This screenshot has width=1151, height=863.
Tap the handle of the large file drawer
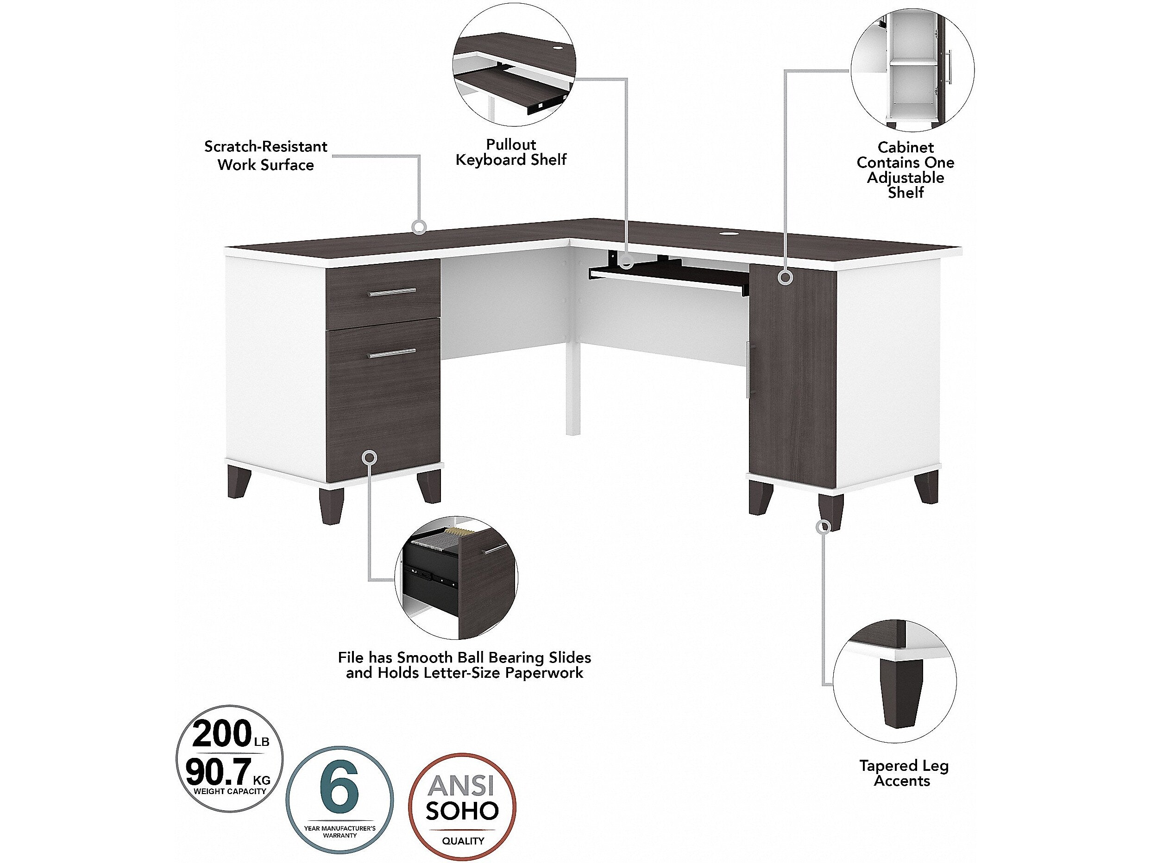pyautogui.click(x=393, y=353)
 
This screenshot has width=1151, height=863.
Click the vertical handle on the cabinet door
pyautogui.click(x=748, y=368)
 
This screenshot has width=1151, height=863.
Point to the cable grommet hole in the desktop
pyautogui.click(x=728, y=235)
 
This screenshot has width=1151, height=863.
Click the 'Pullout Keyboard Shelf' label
pyautogui.click(x=511, y=152)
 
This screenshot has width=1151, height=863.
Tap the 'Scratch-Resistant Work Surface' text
pyautogui.click(x=266, y=156)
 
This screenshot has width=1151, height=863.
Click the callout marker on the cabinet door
pyautogui.click(x=785, y=277)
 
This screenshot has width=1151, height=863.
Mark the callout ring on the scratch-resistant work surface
pyautogui.click(x=419, y=227)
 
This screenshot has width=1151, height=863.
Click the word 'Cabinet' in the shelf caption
pyautogui.click(x=906, y=147)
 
